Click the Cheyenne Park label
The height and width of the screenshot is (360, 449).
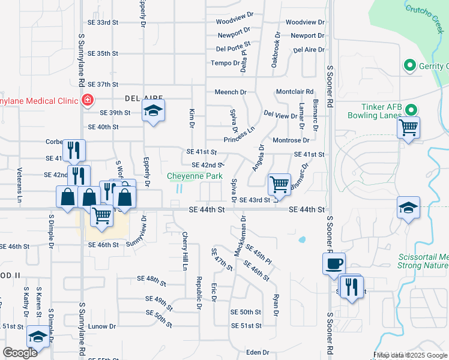click(195, 176)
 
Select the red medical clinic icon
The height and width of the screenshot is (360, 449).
click(88, 99)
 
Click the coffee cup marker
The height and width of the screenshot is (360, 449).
click(334, 263)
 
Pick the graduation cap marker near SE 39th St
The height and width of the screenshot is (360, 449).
click(153, 110)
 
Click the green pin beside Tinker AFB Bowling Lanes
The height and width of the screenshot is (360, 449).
click(411, 110)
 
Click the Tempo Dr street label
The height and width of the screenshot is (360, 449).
click(224, 64)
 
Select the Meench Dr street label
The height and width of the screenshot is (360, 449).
click(231, 92)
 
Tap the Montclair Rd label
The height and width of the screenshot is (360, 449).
click(295, 92)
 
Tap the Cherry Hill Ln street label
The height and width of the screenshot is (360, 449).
click(185, 251)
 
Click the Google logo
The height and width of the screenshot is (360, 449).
click(20, 353)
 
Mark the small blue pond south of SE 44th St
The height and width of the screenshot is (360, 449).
click(302, 240)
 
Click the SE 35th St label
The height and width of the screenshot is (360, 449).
click(103, 53)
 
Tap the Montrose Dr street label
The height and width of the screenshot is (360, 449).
click(291, 140)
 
